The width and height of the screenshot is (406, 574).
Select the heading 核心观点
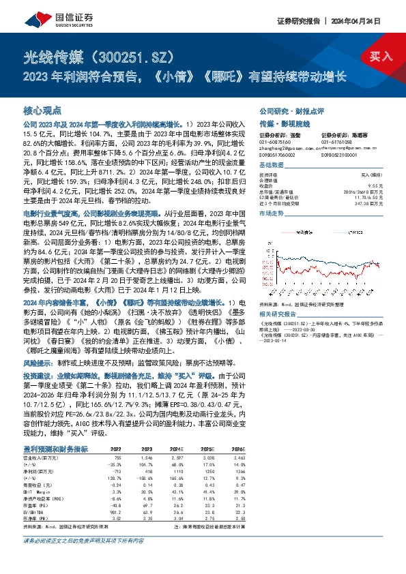pos(42,109)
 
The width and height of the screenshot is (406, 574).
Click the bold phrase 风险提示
pos(36,363)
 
